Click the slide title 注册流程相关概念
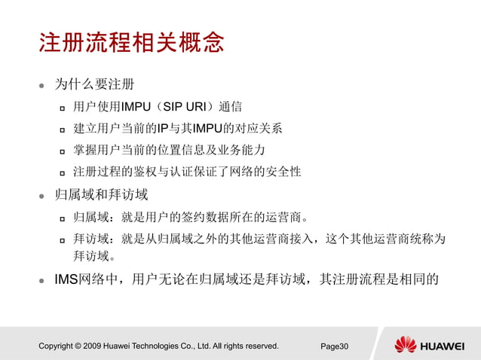[131, 42]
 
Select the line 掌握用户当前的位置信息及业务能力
[169, 149]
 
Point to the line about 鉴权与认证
[187, 171]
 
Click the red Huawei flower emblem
[405, 345]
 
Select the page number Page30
[335, 346]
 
